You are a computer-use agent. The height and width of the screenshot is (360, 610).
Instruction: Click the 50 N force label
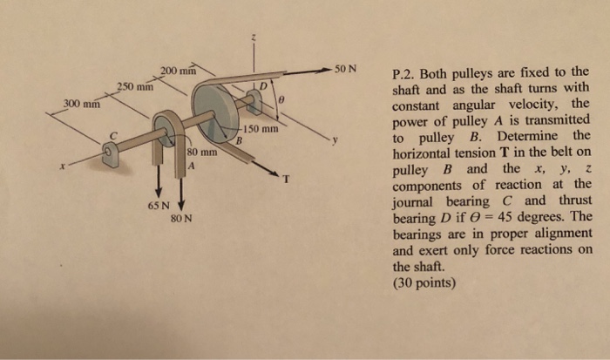pos(351,69)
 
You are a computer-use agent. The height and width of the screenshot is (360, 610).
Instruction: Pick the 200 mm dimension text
pos(181,70)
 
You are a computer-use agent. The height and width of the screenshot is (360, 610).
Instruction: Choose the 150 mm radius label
pos(261,130)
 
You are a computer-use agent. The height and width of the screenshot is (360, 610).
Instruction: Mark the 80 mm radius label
pos(201,153)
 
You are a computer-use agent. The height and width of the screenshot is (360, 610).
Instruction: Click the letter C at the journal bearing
pos(112,135)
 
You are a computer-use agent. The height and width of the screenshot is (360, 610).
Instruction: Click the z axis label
pos(254,37)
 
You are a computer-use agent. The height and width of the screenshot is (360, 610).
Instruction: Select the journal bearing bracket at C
pos(110,155)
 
